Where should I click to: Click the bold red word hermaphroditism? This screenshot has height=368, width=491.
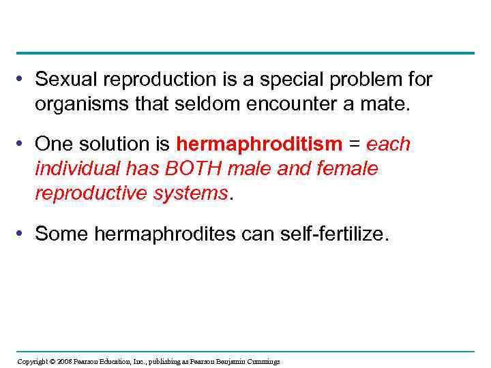(x=258, y=144)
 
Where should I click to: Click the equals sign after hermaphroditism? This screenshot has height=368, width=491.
(x=354, y=144)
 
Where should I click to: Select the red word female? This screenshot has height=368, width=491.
(x=346, y=168)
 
